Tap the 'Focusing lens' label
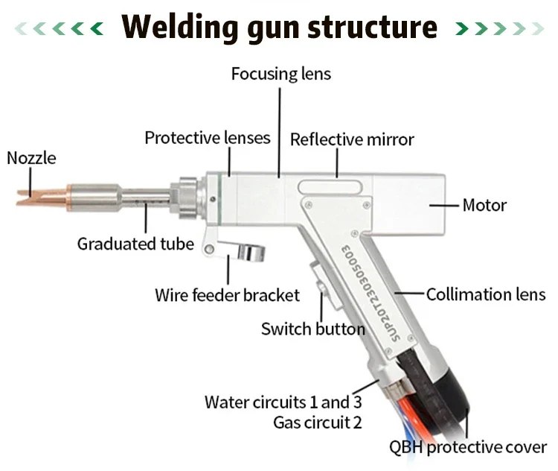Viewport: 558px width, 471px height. (x=280, y=74)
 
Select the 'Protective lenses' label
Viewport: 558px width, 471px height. (x=208, y=138)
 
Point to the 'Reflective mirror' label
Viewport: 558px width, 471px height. (x=352, y=139)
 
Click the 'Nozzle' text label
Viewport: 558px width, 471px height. (x=31, y=158)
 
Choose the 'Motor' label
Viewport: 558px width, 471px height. (x=484, y=204)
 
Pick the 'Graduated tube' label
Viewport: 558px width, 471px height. (x=135, y=244)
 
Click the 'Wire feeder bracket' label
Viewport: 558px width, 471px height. (x=227, y=294)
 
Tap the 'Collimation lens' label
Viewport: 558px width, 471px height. (x=486, y=294)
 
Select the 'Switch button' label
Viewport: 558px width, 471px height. (x=312, y=329)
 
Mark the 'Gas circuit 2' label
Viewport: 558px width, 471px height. (x=318, y=423)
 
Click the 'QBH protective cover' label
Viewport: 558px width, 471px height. (x=467, y=447)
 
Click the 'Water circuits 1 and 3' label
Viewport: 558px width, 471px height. (x=283, y=402)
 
